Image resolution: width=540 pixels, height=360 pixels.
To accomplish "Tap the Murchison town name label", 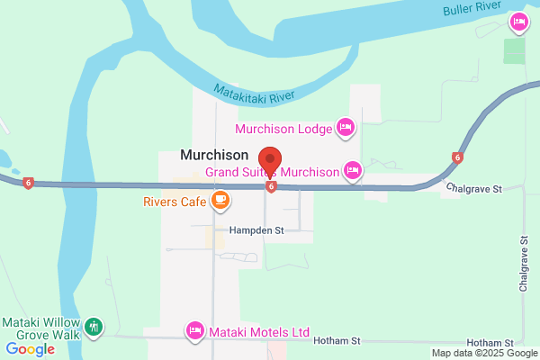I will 214,155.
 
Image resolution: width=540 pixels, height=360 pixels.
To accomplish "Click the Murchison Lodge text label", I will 283,129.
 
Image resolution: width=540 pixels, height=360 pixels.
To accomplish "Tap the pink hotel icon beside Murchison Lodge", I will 344,128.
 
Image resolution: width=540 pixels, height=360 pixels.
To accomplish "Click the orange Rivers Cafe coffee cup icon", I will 220,201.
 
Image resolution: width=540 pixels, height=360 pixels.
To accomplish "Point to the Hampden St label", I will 256,230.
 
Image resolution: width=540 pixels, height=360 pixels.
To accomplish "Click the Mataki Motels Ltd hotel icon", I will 193,331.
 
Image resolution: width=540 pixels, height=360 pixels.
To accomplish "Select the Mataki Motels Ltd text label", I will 258,332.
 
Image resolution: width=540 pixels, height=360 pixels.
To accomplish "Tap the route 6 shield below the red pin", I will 270,187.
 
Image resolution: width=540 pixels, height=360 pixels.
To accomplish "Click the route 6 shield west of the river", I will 29,183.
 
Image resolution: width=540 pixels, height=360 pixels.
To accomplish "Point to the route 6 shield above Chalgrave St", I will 457,158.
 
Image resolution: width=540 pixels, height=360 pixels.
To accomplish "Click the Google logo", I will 30,349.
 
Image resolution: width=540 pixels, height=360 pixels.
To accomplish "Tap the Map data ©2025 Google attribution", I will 482,353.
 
